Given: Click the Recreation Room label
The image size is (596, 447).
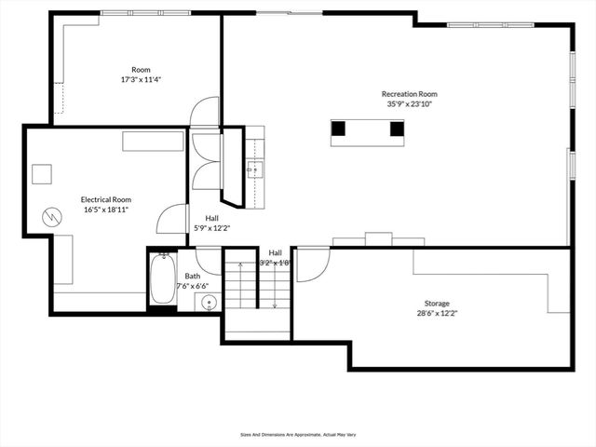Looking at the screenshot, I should (409, 94).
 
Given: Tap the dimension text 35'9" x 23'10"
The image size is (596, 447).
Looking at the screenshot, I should (409, 104).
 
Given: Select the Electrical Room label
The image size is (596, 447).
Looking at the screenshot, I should (105, 199).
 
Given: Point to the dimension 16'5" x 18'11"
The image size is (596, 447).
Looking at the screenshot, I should (105, 210).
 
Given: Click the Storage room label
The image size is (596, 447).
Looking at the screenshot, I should (437, 304).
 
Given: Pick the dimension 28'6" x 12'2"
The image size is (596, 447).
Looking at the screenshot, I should (437, 314).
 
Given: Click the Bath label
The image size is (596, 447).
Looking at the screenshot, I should (192, 276).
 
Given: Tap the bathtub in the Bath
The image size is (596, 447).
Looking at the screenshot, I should (163, 278).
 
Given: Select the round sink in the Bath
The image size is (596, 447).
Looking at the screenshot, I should (209, 302).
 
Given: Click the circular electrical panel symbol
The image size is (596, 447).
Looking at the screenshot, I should (52, 218).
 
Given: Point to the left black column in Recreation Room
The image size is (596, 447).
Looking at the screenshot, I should (339, 129).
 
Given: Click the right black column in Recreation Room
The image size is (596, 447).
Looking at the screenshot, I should (397, 129).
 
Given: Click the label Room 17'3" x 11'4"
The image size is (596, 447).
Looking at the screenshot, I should (141, 74).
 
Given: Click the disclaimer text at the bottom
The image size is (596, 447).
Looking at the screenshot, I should (298, 434).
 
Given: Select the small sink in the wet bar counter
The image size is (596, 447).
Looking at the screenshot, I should (254, 169).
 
